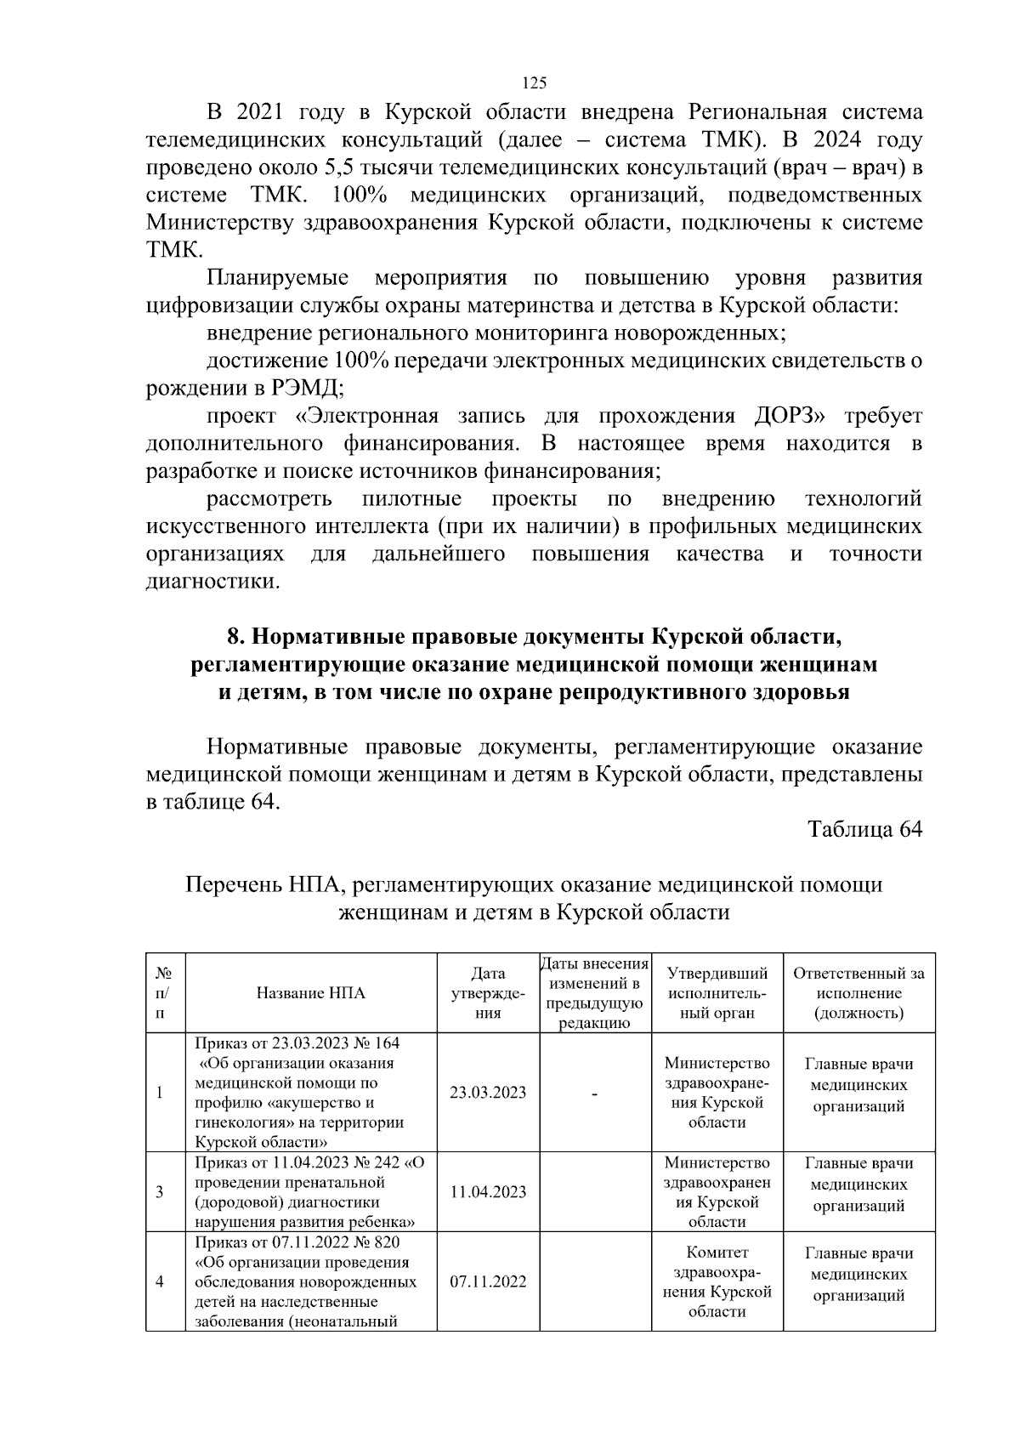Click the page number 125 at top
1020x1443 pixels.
(x=533, y=82)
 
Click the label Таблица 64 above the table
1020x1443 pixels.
(x=864, y=829)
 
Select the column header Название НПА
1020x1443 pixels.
(x=311, y=993)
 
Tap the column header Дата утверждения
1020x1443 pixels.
(x=488, y=993)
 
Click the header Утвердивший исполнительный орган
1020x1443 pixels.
(x=717, y=993)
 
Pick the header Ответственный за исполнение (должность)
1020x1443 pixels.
(x=858, y=993)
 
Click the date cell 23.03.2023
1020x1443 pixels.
(x=488, y=1093)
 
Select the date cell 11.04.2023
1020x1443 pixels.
(x=488, y=1192)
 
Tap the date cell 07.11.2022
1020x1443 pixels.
(x=488, y=1281)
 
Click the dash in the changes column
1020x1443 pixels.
(x=595, y=1094)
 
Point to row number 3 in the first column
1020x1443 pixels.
(x=160, y=1192)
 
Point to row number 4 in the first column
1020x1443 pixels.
(x=160, y=1281)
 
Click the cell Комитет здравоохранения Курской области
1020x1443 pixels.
(x=717, y=1282)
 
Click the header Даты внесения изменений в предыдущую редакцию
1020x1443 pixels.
(x=595, y=993)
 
